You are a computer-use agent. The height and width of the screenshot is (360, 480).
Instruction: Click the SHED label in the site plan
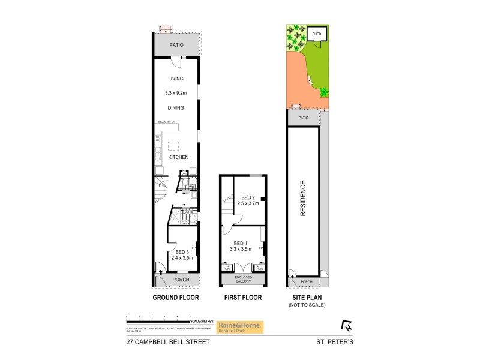click(317, 34)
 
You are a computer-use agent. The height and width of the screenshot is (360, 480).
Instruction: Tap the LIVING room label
click(175, 79)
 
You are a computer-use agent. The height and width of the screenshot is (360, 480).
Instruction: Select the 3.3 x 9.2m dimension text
click(176, 93)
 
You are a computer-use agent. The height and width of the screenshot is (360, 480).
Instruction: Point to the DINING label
click(175, 108)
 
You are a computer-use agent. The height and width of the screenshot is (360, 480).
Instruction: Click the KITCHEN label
click(178, 157)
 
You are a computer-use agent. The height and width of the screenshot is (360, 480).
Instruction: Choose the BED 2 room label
click(248, 197)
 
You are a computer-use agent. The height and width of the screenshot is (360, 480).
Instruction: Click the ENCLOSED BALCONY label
click(244, 279)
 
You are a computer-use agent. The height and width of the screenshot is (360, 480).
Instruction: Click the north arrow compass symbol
click(347, 326)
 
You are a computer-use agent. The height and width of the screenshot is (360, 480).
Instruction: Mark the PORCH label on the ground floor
click(181, 280)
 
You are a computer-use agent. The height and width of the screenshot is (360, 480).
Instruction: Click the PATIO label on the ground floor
click(176, 45)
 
